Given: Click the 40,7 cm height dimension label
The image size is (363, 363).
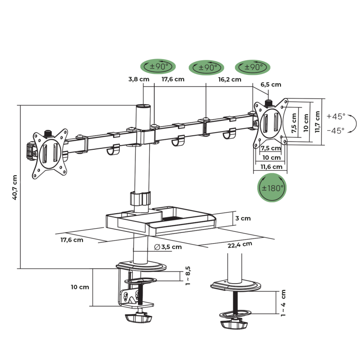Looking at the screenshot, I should [x=15, y=187].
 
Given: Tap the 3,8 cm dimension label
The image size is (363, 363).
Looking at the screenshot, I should [x=138, y=79].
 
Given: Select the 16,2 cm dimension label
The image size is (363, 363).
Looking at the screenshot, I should [x=230, y=79].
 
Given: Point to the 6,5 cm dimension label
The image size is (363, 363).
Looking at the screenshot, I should [x=271, y=85].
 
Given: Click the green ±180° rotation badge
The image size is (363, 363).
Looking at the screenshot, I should [x=272, y=187].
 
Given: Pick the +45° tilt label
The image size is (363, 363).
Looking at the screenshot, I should [x=336, y=116].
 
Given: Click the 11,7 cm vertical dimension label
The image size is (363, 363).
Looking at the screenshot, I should [x=317, y=121].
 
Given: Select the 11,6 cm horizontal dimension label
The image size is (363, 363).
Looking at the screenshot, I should [x=271, y=167].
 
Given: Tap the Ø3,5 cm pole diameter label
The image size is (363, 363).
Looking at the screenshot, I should [x=167, y=247].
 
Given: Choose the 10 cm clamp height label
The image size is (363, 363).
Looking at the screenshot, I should [x=80, y=287].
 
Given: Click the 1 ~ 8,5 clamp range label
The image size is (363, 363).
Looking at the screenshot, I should [x=188, y=275].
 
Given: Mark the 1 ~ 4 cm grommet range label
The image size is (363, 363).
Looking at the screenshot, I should [x=283, y=303].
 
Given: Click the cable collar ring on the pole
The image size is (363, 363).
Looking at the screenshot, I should [x=140, y=199].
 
